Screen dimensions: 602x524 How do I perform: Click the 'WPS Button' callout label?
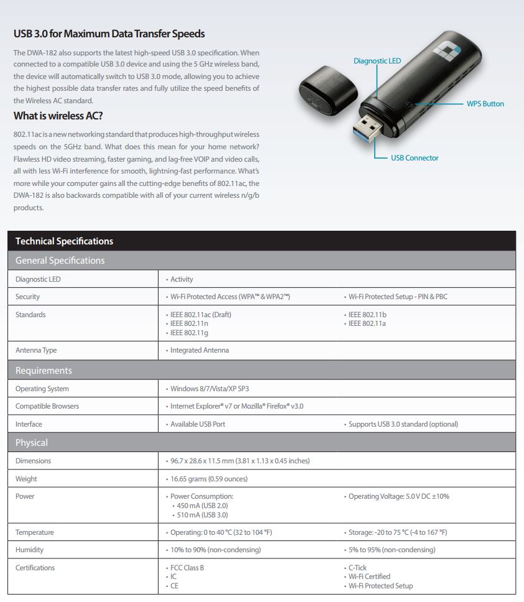(485, 104)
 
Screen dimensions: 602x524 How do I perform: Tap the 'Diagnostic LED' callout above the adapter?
(377, 61)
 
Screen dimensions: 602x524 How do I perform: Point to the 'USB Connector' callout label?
(415, 158)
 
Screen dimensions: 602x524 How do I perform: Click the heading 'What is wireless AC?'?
(58, 116)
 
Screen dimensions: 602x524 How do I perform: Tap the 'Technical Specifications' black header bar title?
(64, 241)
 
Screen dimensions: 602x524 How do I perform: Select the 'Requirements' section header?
(44, 371)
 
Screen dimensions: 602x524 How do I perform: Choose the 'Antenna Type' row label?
(36, 350)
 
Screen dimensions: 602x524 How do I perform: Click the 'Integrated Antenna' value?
(200, 350)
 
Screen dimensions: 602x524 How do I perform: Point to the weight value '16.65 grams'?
(209, 479)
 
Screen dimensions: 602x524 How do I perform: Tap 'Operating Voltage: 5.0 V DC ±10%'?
(398, 496)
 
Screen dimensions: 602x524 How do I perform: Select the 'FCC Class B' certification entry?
(187, 568)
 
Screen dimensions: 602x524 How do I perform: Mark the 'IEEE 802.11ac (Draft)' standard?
(201, 315)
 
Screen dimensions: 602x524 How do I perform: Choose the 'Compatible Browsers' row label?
(47, 406)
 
